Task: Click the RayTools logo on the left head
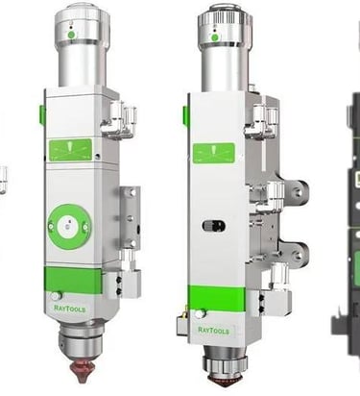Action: click(70, 309)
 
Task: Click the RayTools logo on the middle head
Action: click(213, 331)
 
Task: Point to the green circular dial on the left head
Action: click(69, 226)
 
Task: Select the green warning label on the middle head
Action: click(214, 153)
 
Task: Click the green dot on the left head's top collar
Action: click(72, 35)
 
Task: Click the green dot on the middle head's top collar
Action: click(215, 37)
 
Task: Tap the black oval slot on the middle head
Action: click(213, 226)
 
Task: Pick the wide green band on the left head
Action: click(73, 279)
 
